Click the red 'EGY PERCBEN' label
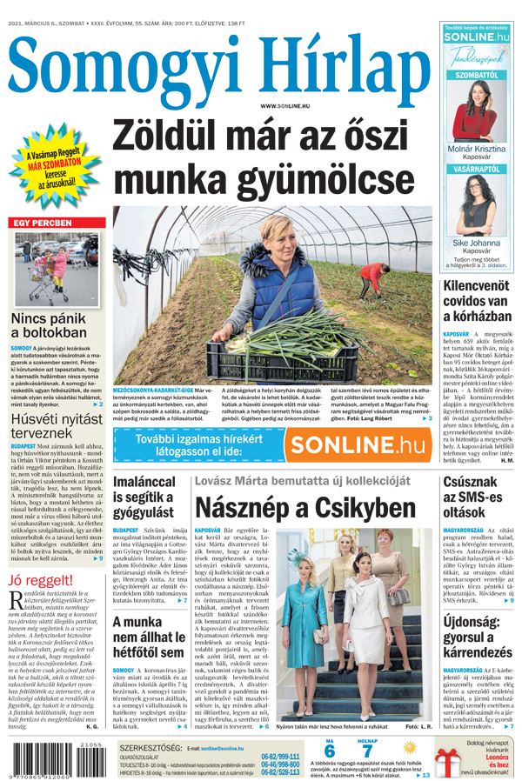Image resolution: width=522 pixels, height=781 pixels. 43,224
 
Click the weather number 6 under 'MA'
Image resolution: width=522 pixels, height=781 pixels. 329,751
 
